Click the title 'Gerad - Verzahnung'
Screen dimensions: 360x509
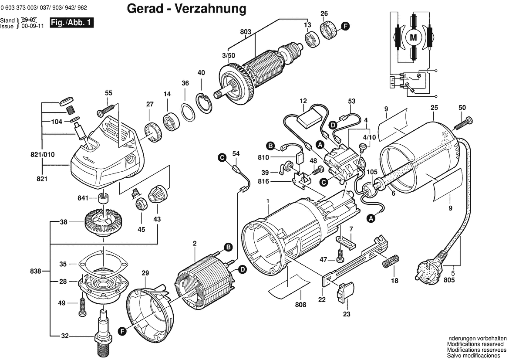point(186,8)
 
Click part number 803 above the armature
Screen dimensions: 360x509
point(246,31)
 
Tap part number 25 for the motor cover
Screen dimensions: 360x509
point(434,107)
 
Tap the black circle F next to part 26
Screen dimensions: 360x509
point(345,27)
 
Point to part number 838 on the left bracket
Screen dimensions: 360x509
point(37,271)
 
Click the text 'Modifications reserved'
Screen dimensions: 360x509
point(477,344)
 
